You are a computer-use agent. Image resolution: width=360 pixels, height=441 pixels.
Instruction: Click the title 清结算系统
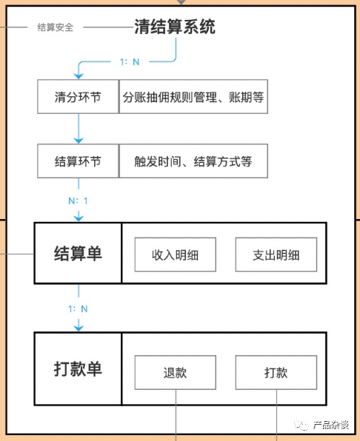point(175,27)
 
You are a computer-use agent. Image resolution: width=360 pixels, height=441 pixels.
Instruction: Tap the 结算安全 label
point(56,27)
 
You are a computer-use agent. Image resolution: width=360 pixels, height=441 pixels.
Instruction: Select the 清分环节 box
point(78,97)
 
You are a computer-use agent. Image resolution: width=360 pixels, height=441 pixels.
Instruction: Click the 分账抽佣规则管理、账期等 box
point(193,97)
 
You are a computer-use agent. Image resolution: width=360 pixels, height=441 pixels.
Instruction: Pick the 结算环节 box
point(78,161)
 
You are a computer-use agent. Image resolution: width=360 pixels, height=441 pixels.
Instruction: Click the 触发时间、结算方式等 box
point(193,161)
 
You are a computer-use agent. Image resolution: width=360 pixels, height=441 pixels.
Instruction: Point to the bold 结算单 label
point(78,253)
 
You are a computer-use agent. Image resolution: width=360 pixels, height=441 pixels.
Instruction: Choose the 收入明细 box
point(176,255)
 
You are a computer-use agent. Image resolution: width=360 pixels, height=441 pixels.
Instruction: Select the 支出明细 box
point(276,255)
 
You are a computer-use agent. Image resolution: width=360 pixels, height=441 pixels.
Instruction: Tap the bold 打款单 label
point(78,369)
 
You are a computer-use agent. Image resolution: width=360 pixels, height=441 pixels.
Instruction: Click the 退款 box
point(176,373)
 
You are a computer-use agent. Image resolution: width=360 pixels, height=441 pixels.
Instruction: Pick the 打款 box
point(276,373)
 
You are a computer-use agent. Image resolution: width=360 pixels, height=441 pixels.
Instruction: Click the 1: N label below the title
point(130,62)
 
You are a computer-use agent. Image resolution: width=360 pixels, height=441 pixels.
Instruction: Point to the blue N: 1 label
point(78,201)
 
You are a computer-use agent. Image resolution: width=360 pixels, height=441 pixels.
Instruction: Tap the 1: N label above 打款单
point(78,309)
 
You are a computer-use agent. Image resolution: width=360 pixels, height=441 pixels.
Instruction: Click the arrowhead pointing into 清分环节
point(79,76)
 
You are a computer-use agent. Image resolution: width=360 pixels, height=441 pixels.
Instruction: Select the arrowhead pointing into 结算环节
point(79,141)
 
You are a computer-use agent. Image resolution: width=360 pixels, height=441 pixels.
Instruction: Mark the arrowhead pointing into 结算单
point(79,218)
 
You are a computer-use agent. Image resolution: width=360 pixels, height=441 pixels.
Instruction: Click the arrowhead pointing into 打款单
point(79,328)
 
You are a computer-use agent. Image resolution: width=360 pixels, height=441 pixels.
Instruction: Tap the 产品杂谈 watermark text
point(331,425)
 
